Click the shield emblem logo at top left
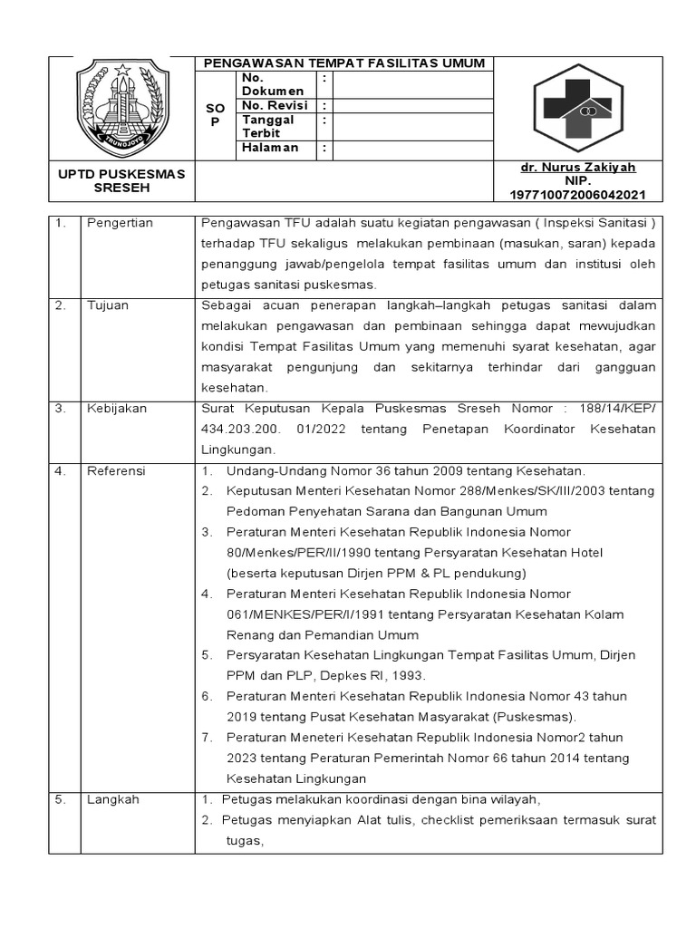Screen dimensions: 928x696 tap(121, 108)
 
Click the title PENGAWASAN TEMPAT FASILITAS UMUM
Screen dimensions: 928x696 tap(344, 63)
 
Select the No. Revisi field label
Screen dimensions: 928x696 tap(275, 105)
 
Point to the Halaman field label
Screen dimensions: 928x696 tap(270, 148)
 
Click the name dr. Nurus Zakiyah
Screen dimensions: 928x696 tap(577, 168)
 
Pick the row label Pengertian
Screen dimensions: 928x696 tap(120, 222)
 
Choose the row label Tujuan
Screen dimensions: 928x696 tap(108, 305)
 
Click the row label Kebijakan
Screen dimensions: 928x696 tap(116, 409)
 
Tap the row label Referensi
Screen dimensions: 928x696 tap(116, 471)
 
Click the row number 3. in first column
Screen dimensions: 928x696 tap(61, 409)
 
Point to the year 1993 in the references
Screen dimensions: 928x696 tap(405, 675)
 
